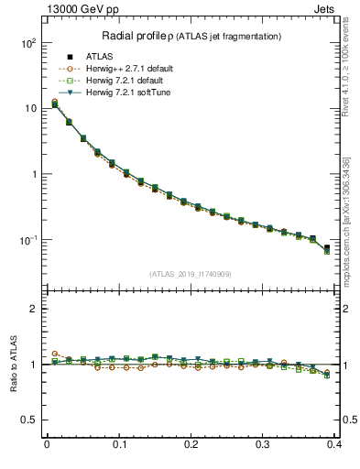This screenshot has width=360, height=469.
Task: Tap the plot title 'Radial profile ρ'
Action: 135,36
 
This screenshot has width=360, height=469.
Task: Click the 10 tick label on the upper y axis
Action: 29,108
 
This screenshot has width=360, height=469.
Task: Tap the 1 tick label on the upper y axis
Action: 32,174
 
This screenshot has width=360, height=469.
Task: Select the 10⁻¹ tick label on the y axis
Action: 26,240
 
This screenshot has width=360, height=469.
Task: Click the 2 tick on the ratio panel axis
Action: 32,309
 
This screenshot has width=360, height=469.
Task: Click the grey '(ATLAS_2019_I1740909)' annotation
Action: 191,274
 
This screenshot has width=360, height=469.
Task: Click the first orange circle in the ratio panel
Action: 54,354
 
